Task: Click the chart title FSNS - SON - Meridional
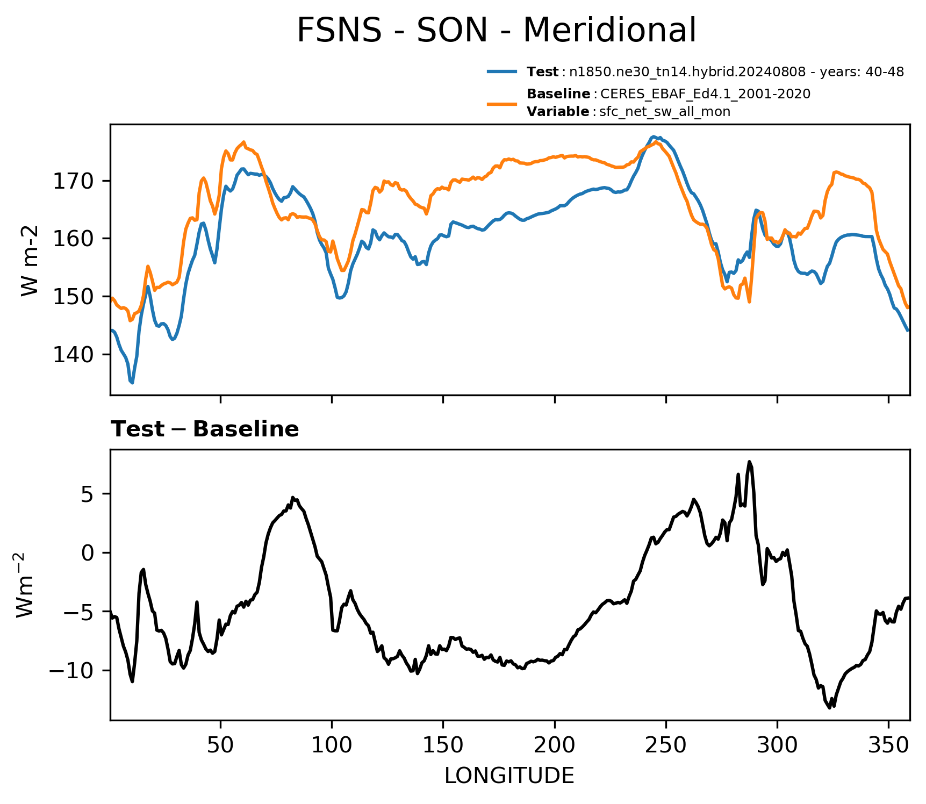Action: tap(496, 30)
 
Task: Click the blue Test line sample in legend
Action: tap(503, 71)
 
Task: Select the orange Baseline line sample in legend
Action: tap(503, 103)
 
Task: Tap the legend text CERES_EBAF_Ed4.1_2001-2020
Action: tap(705, 94)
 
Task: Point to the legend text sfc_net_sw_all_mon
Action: tap(665, 112)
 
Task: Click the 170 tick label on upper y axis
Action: tap(74, 181)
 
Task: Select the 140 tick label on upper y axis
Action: tap(74, 355)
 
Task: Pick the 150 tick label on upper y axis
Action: tap(74, 297)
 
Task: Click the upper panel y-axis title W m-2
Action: tap(30, 260)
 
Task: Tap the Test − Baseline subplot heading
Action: tap(205, 429)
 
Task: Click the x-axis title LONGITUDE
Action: tap(509, 776)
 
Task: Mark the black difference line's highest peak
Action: tap(749, 462)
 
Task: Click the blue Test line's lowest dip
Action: tap(132, 383)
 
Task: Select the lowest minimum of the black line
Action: tap(830, 708)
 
